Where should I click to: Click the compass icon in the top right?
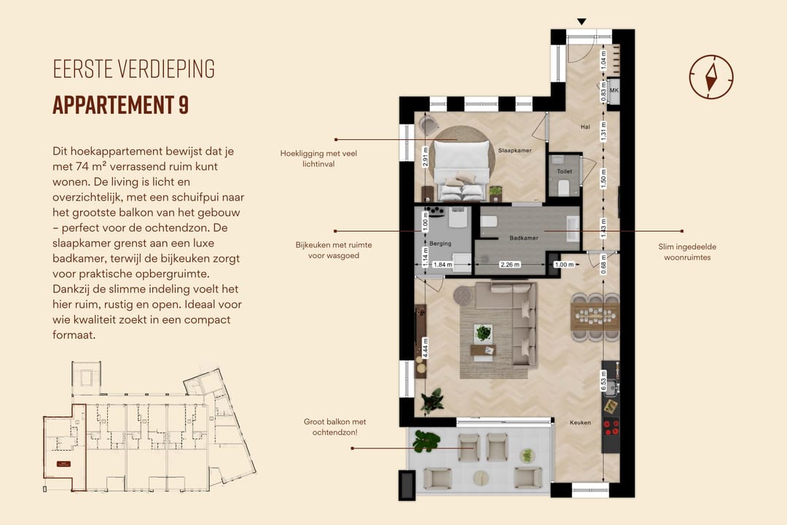pos(710,76)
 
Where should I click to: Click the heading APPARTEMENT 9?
pos(120,105)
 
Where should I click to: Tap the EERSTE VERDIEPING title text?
pos(133,69)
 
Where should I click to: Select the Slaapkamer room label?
pos(514,150)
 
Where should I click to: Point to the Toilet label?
pos(564,171)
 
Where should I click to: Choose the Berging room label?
pos(440,243)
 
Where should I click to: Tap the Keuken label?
pos(580,422)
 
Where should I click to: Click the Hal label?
pos(584,127)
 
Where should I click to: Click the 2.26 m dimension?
pos(509,265)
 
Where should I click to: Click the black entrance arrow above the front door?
pos(581,22)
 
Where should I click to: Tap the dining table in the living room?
pos(595,316)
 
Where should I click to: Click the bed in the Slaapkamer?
pos(463,166)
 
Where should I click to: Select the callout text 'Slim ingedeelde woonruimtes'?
pos(686,252)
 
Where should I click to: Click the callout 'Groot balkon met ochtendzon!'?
pos(334,427)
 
